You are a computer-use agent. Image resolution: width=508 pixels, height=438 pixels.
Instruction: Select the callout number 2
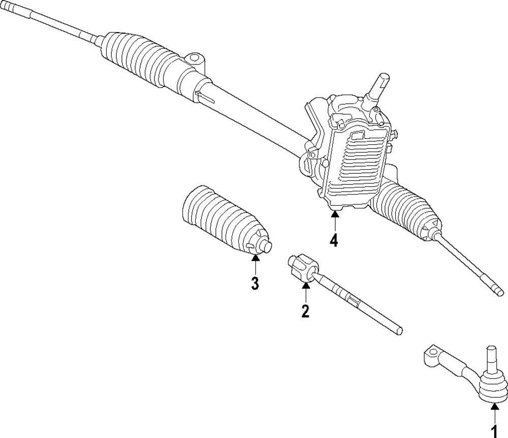(305, 310)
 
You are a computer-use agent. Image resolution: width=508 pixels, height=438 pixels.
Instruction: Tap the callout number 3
(255, 283)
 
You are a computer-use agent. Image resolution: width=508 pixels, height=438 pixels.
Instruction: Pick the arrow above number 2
(305, 291)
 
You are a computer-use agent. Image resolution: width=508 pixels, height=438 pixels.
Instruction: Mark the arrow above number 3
(256, 264)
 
